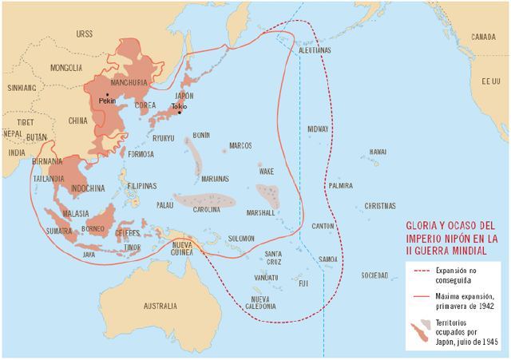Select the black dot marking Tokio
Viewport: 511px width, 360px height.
[x=180, y=112]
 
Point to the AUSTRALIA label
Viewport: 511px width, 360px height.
[x=160, y=306]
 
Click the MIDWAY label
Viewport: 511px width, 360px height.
[x=318, y=129]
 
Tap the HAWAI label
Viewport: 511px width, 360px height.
[x=378, y=152]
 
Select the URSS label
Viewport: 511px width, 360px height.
[x=84, y=34]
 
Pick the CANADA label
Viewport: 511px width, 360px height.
[x=483, y=38]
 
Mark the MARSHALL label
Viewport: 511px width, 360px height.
[x=260, y=213]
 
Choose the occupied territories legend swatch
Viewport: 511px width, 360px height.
[x=418, y=328]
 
